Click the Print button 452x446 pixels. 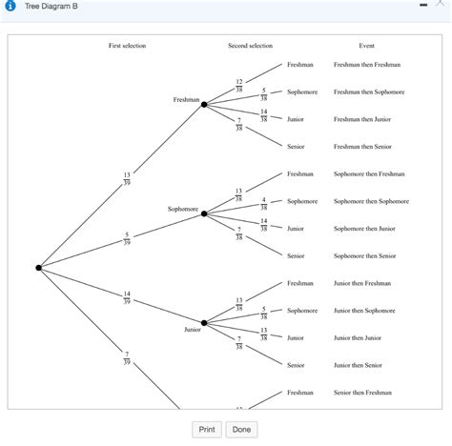coord(205,430)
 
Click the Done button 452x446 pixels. coord(241,430)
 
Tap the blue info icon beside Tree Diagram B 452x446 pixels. coord(10,8)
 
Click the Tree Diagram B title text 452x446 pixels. coord(51,8)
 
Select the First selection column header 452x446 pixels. coord(127,46)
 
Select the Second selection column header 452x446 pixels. coord(250,46)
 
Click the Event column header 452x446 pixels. coord(366,46)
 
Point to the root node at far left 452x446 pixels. coord(39,268)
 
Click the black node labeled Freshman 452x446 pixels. coord(204,105)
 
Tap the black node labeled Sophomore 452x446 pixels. coord(204,213)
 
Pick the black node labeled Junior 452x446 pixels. coord(204,322)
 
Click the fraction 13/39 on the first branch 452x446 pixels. coord(127,179)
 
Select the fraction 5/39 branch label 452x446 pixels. coord(127,238)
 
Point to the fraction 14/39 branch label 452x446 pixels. coord(127,297)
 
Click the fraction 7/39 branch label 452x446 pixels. coord(127,357)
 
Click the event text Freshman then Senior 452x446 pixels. coord(362,147)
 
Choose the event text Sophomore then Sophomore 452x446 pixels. coord(371,201)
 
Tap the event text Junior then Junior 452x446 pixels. coord(358,337)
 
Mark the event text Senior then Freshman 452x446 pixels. coord(362,393)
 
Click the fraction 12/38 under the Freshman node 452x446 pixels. coord(239,85)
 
